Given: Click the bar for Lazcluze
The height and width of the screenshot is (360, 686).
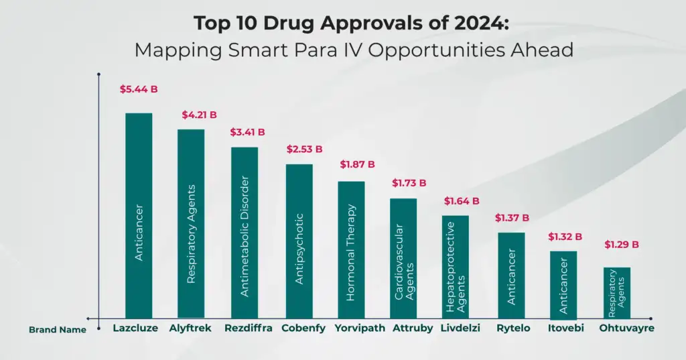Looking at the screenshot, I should [139, 215].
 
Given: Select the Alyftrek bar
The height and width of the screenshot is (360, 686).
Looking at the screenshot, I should [191, 223].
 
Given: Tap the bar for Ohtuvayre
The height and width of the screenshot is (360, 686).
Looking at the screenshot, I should [617, 293].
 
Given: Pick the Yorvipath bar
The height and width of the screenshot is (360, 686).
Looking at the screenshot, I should [351, 249].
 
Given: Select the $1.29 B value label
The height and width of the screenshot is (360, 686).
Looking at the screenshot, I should [621, 245].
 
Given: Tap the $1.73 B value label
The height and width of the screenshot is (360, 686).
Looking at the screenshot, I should [409, 182].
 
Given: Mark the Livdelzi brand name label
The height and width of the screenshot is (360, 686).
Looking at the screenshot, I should [460, 328].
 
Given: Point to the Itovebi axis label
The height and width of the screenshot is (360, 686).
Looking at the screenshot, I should [565, 328].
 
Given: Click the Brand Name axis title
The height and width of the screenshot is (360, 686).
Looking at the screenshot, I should [58, 330].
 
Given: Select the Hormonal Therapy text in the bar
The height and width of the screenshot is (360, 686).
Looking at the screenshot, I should [351, 252].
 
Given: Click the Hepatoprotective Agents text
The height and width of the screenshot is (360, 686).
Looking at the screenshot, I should [456, 267].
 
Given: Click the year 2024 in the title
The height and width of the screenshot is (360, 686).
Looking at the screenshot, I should [480, 23].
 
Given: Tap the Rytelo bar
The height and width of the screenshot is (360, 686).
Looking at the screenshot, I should [511, 276].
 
